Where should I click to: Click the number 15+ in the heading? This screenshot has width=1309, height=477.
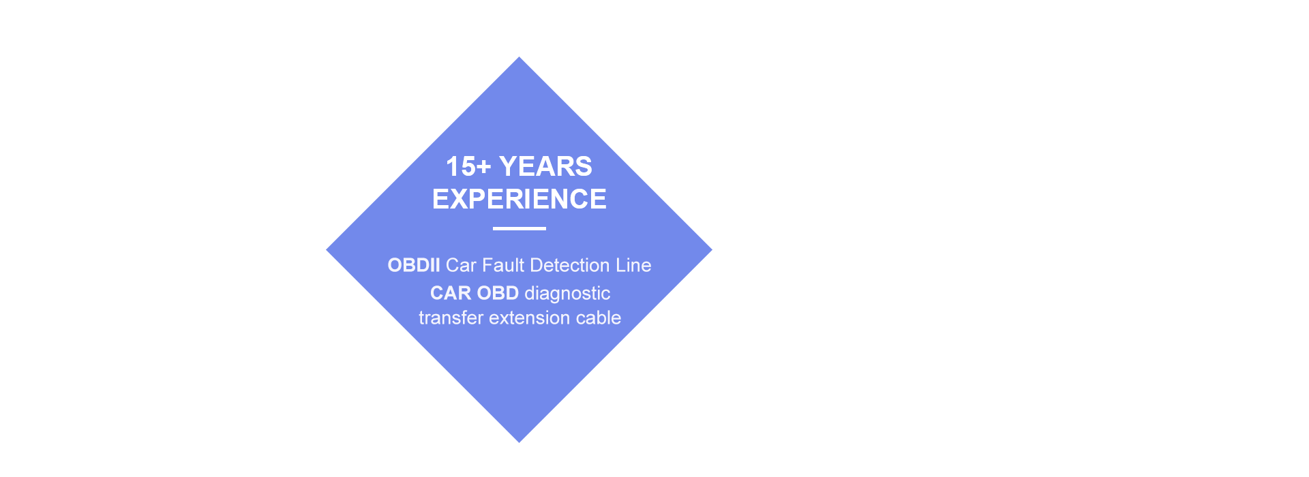468,166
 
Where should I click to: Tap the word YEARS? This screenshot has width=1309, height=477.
545,166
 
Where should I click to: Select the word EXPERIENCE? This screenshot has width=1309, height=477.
519,199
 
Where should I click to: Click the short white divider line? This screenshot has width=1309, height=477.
520,228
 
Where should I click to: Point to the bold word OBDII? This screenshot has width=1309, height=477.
414,265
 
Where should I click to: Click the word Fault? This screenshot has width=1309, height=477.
504,265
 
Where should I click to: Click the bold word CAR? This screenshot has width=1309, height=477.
451,293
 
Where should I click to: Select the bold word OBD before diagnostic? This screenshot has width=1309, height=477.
498,293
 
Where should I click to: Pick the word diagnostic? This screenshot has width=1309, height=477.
567,294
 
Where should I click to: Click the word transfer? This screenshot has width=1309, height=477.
451,318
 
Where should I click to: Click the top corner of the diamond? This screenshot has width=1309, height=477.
519,57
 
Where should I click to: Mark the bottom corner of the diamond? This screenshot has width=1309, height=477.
519,442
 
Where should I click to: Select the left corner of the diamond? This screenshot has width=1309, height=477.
327,250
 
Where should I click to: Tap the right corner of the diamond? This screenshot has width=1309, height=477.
712,250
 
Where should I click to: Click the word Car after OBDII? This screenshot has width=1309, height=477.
461,265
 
